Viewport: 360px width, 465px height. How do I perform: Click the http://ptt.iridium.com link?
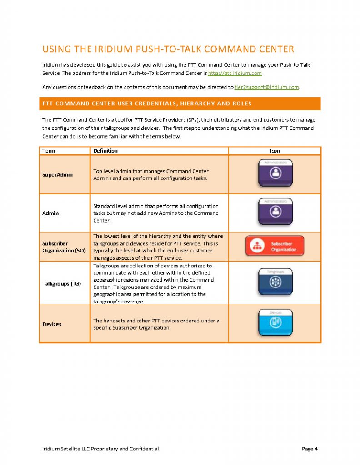(235, 73)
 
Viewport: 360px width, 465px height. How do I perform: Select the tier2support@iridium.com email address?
(266, 87)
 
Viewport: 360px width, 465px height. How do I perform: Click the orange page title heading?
(168, 49)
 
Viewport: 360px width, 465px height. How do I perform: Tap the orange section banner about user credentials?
(180, 104)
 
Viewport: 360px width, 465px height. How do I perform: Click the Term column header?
(49, 151)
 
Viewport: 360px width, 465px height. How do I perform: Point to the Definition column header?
(105, 151)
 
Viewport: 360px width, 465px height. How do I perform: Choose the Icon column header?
(275, 151)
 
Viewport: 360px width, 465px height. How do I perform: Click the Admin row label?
(50, 213)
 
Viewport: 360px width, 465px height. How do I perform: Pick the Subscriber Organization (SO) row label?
(64, 247)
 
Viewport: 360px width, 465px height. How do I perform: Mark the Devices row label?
(52, 324)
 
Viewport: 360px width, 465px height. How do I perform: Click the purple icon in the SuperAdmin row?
(275, 172)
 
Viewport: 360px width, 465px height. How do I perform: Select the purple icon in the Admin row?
(275, 211)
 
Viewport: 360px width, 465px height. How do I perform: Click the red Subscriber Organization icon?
(275, 246)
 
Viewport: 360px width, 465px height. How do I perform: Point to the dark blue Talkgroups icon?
(275, 282)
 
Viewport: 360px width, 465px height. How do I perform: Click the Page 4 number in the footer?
(309, 449)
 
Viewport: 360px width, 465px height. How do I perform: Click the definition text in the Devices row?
(156, 324)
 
